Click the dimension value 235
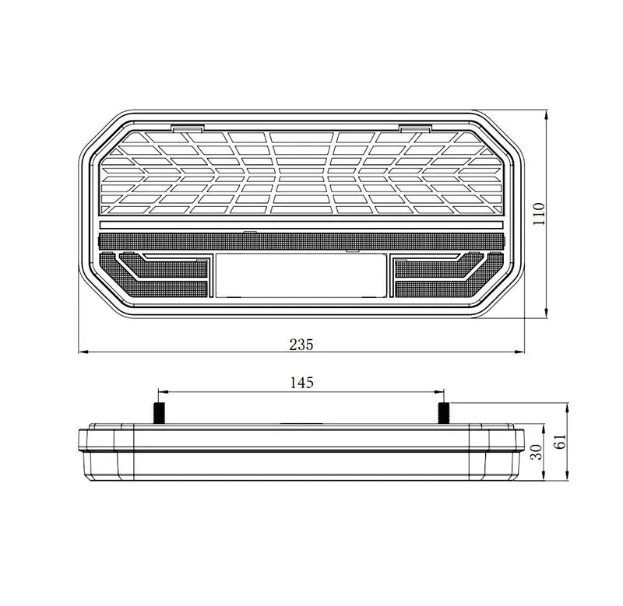tap(301, 345)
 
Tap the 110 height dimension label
tap(539, 214)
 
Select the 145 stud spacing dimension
tap(302, 382)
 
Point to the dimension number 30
tap(537, 452)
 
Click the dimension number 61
tap(560, 441)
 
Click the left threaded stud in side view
tap(159, 413)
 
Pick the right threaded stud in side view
tap(443, 413)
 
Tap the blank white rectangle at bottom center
tap(301, 275)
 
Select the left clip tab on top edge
tap(188, 128)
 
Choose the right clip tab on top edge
tap(415, 128)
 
